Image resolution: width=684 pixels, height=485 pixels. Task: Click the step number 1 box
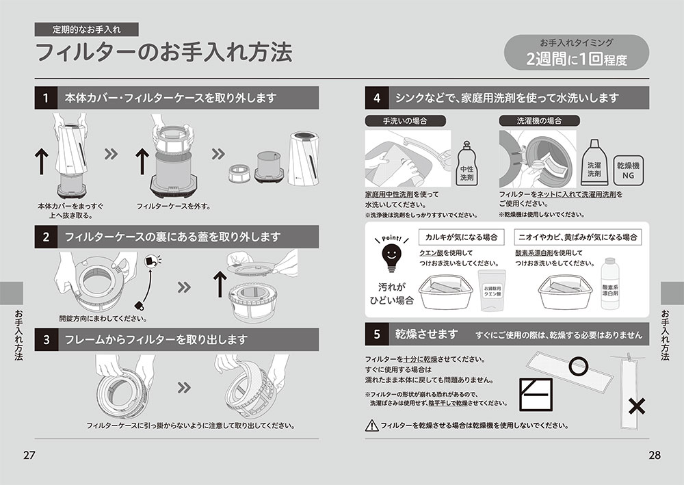pos(46,98)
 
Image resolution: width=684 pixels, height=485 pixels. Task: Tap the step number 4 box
pos(376,98)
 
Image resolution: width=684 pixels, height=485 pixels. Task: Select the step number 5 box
pos(376,334)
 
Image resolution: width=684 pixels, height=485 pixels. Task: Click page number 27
pos(29,456)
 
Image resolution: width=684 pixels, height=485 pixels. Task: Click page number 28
pos(655,456)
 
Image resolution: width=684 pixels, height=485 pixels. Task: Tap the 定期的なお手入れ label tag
pos(86,29)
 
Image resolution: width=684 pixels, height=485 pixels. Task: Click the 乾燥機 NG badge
pos(629,171)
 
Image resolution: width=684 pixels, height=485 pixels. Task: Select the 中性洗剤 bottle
pos(466,164)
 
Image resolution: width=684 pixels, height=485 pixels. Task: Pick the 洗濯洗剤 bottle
pos(594,163)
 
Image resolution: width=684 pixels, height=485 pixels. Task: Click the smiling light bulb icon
pos(392,257)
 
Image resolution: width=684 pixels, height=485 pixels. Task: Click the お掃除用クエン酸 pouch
pos(492,289)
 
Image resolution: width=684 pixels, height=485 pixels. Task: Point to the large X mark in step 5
pos(637,406)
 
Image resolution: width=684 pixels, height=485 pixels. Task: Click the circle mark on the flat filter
pos(579,366)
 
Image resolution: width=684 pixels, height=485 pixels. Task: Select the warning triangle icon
pos(371,425)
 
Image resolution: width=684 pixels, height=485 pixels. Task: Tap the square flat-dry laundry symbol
pos(536,395)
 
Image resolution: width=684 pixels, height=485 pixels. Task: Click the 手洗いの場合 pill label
pos(405,121)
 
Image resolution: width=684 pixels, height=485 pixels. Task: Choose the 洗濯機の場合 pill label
pos(539,121)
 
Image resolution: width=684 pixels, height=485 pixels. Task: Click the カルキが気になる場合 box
pos(461,237)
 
